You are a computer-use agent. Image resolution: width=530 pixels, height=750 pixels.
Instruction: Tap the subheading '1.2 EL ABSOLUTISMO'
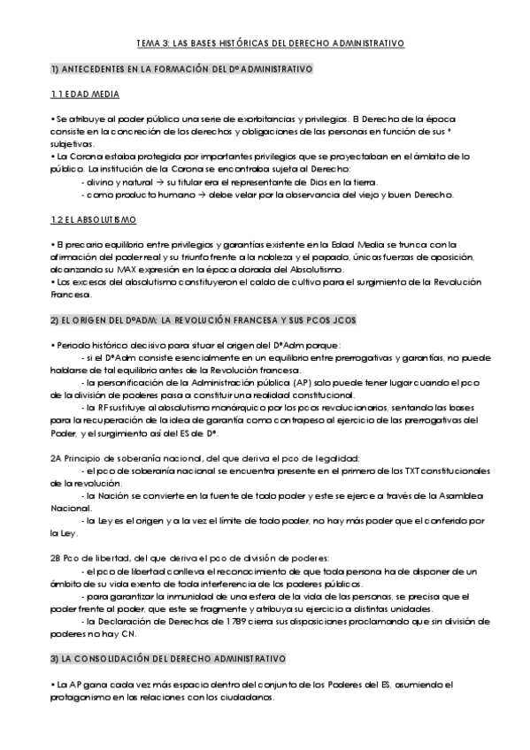pyautogui.click(x=93, y=218)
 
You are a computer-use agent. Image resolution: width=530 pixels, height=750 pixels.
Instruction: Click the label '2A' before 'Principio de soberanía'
pyautogui.click(x=58, y=458)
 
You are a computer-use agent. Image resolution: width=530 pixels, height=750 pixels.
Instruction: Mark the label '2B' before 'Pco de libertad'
pyautogui.click(x=58, y=558)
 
